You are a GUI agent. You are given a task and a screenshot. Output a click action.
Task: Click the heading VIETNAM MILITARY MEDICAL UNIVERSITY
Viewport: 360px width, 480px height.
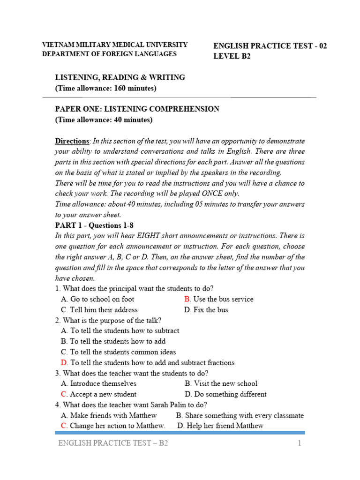tap(115, 45)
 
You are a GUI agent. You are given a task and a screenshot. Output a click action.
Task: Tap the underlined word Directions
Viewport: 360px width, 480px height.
tap(72, 141)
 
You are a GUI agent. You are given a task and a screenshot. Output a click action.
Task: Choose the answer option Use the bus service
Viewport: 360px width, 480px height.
tap(223, 299)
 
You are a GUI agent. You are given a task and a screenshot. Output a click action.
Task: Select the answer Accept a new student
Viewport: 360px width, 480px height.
tap(103, 394)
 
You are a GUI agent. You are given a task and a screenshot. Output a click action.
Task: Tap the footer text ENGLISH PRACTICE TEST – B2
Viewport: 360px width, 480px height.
tap(112, 444)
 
